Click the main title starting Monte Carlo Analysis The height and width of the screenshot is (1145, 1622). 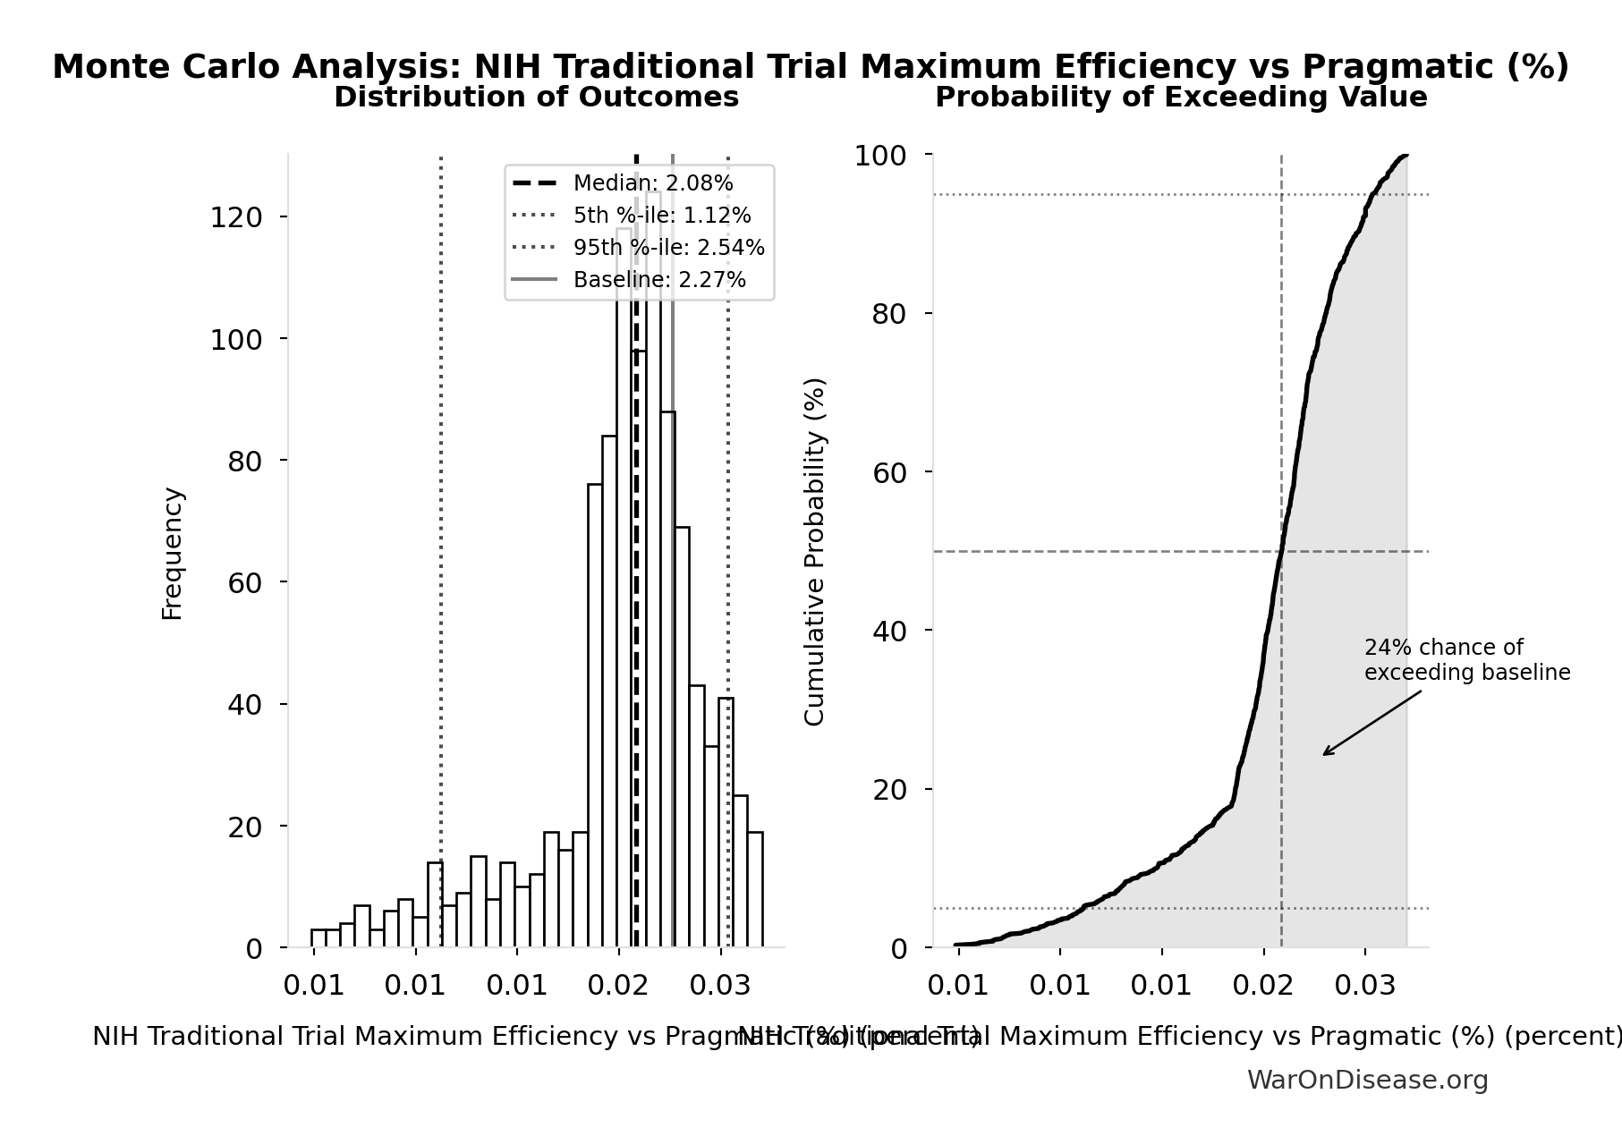[811, 67]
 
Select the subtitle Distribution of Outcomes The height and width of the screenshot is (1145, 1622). [536, 98]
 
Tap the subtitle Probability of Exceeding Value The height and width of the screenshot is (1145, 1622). [1180, 98]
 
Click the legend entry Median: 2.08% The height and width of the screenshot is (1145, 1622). [652, 183]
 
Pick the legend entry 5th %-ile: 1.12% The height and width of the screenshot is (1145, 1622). [661, 216]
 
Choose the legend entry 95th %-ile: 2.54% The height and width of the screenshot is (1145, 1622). [668, 248]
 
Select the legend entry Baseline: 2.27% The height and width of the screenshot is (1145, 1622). [658, 280]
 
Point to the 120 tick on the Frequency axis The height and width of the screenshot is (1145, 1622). [236, 217]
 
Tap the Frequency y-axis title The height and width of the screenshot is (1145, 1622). [172, 553]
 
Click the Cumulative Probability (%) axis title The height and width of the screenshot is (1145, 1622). [814, 551]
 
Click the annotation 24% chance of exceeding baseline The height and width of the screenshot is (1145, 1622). [1466, 660]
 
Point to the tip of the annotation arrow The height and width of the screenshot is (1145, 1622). [1324, 755]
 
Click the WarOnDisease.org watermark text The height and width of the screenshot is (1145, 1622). [1367, 1080]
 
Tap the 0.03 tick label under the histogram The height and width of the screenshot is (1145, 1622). [720, 986]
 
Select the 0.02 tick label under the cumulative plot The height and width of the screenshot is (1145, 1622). [1263, 986]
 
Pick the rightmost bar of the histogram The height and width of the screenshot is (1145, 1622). [755, 889]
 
